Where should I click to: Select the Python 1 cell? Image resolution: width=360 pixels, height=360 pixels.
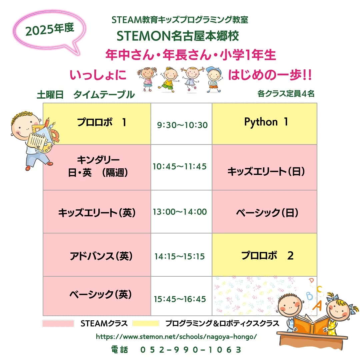(266, 122)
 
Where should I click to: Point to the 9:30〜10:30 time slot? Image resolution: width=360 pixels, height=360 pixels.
(182, 125)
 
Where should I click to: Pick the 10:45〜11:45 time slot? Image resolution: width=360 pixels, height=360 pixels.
(180, 166)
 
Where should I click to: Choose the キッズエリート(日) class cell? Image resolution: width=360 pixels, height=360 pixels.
(266, 171)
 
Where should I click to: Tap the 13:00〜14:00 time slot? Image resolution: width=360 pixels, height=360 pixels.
(180, 212)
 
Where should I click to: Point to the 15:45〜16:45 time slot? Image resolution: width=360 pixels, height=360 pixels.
(180, 299)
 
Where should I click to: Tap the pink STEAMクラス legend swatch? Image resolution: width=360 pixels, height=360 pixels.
(58, 323)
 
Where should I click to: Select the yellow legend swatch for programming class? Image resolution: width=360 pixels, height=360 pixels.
(146, 323)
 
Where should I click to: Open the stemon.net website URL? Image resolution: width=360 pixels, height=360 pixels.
(176, 337)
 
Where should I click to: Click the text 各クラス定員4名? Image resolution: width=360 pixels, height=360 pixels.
(286, 94)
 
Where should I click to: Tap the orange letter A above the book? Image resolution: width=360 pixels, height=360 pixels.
(318, 304)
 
